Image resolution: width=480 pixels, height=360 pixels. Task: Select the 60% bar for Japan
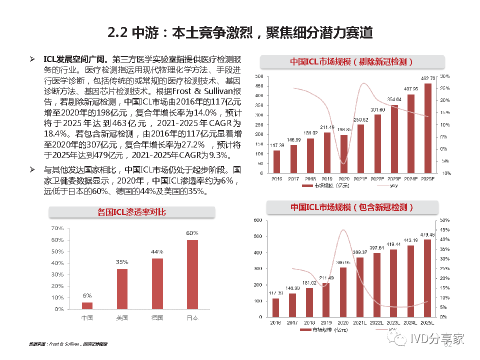click(192, 274)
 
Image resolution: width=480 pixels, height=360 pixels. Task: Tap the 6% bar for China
click(87, 306)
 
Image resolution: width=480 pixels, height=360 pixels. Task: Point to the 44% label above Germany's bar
click(157, 251)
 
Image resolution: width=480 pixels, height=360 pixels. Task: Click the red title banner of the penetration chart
click(132, 212)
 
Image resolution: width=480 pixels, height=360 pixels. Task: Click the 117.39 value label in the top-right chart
click(276, 145)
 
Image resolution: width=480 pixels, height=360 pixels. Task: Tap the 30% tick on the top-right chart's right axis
click(445, 76)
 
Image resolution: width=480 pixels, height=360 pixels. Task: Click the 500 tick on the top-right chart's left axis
click(259, 76)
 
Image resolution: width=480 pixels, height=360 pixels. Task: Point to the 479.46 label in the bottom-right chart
click(427, 234)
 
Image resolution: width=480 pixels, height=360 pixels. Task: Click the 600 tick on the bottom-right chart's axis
click(258, 220)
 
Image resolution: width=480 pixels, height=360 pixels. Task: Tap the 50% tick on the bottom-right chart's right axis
click(444, 220)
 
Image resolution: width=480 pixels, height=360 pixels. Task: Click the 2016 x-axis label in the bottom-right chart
click(276, 322)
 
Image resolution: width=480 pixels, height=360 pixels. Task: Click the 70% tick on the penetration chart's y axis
click(57, 228)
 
